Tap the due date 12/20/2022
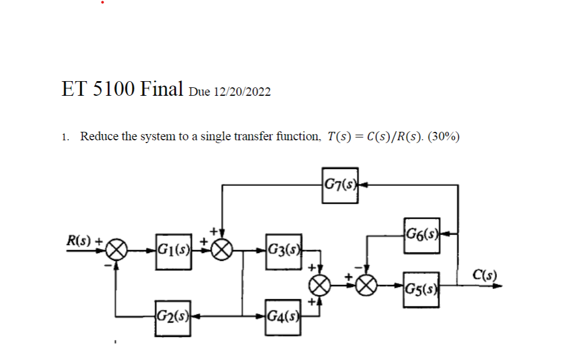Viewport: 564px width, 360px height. pos(242,92)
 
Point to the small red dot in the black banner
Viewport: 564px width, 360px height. pos(103,2)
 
